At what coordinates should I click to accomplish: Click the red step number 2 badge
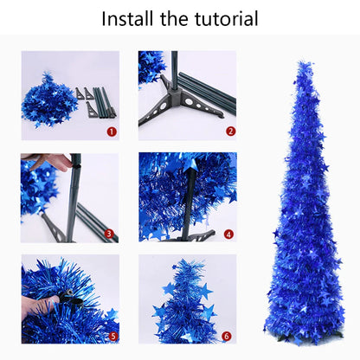click(230, 132)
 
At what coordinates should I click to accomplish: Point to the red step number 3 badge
click(110, 234)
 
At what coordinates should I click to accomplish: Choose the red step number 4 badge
click(228, 234)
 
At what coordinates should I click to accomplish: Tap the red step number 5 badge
click(112, 335)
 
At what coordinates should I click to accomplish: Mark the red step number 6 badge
click(226, 335)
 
